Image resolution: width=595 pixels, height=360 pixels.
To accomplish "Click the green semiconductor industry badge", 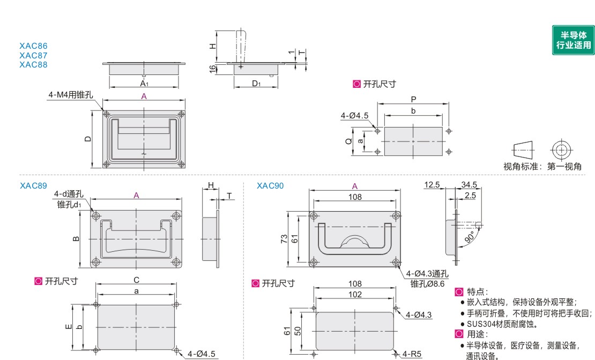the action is point(573,40).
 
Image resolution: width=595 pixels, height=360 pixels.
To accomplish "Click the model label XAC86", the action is point(33,46).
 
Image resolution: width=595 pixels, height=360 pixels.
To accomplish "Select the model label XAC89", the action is point(33,185).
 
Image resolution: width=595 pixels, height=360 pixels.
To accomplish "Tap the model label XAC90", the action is point(270,185).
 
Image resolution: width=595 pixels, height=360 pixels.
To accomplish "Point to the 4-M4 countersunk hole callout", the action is point(71,95).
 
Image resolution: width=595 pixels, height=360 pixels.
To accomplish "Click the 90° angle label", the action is point(470,237).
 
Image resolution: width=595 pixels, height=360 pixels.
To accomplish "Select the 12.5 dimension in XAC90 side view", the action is point(432,185).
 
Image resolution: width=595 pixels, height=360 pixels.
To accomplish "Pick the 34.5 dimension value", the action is point(469,185).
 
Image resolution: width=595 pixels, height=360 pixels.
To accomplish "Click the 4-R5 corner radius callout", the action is point(412,354).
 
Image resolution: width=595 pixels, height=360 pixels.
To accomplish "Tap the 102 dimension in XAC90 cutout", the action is point(355,294).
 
